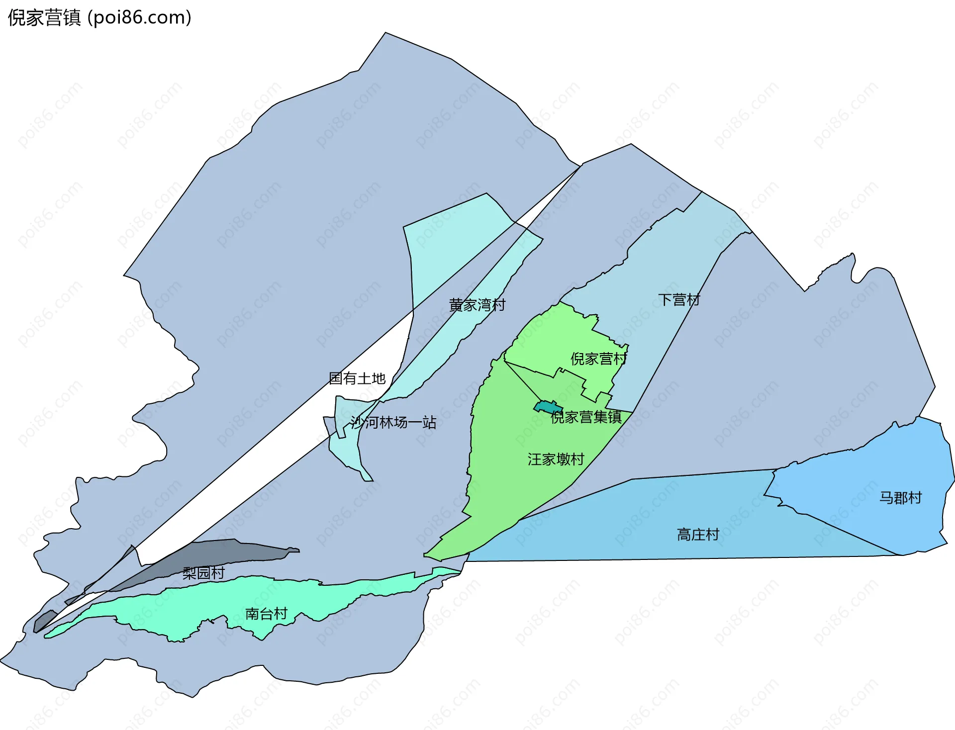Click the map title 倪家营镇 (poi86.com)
[99, 18]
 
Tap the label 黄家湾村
[477, 305]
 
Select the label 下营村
[679, 300]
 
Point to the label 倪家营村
[598, 359]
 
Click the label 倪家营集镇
[586, 417]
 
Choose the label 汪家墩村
[556, 459]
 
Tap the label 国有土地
[357, 378]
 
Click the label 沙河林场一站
[393, 423]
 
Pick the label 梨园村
[203, 573]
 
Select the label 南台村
[266, 614]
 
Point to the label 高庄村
[698, 535]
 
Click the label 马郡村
[900, 498]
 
